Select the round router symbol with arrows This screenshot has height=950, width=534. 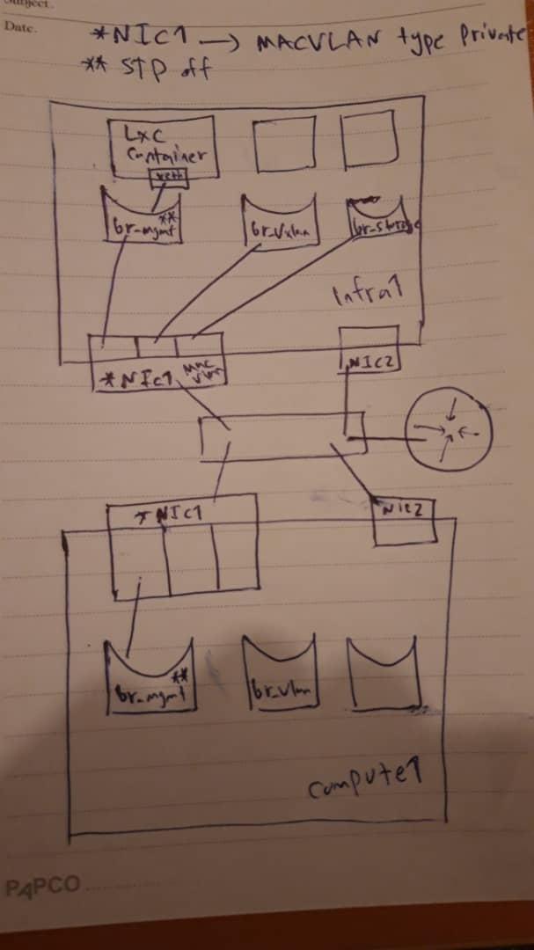[x=449, y=431]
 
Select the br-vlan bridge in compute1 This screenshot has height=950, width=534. [x=280, y=674]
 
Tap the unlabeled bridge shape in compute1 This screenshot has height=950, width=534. [x=384, y=673]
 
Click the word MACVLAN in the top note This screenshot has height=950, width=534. [x=309, y=40]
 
